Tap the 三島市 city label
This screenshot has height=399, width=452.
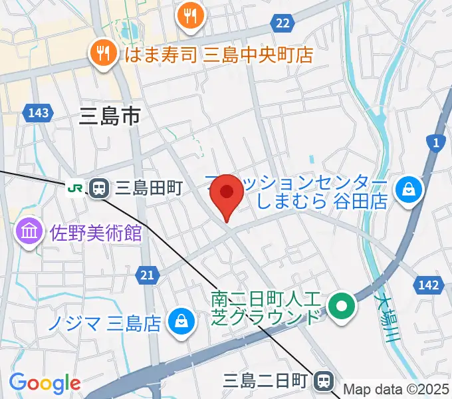[110, 118]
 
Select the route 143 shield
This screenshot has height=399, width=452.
[39, 113]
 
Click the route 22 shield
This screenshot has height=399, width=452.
[282, 23]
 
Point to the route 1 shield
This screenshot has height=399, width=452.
[435, 142]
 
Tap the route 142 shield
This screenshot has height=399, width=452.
[429, 285]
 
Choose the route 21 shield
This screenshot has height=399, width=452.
[147, 274]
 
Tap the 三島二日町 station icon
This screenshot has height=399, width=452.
[324, 381]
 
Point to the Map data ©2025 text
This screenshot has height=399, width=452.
[396, 390]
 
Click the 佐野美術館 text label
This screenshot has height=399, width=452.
[96, 233]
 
